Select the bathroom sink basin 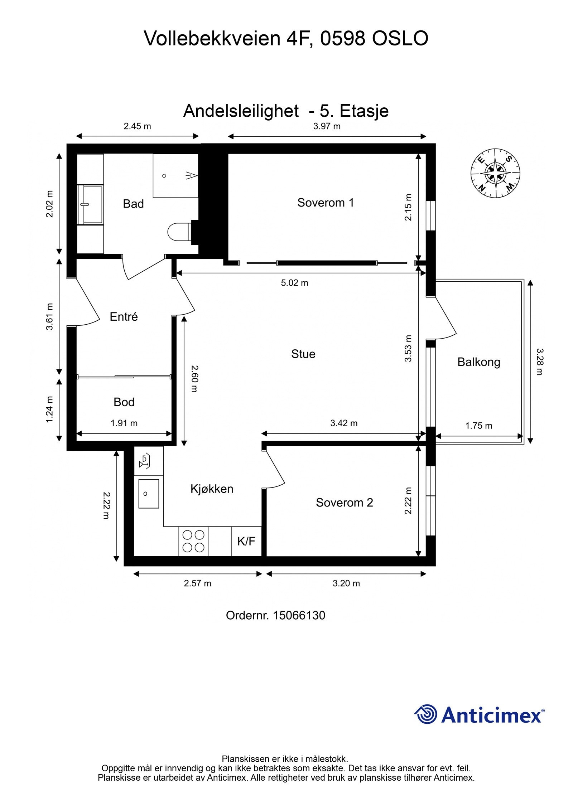90,204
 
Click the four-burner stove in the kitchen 193,541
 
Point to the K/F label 246,541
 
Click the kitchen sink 148,494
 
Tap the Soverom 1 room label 325,203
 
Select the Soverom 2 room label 344,503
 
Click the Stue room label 303,354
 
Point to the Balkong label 478,362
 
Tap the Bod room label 124,402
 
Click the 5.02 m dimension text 294,283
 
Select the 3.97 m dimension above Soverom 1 327,126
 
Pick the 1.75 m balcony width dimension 478,426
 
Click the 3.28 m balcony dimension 540,362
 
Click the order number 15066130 299,615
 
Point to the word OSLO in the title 400,38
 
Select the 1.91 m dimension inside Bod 124,423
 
